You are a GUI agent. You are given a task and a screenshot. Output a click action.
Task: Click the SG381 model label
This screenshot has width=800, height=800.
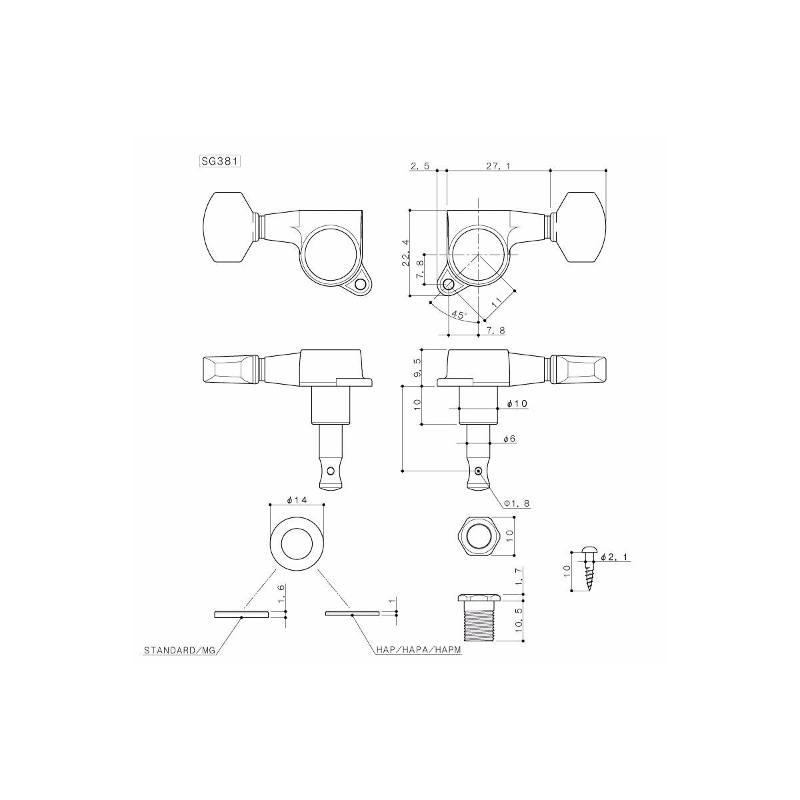[219, 161]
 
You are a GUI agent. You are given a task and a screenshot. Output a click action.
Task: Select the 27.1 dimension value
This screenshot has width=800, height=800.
[498, 166]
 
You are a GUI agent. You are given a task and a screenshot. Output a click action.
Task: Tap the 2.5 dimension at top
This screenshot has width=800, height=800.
[420, 166]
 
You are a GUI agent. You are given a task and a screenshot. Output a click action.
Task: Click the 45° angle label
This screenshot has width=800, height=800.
[459, 315]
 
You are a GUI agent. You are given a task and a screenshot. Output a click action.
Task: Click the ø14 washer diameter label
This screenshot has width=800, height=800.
[296, 500]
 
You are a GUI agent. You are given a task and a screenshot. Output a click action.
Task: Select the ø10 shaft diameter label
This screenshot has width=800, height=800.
[517, 405]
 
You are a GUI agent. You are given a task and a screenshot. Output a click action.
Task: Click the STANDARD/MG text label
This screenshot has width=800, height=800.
[180, 649]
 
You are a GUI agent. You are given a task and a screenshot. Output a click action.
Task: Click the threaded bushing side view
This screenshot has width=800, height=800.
[477, 617]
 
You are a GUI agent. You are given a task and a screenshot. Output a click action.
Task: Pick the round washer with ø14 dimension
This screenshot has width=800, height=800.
[296, 543]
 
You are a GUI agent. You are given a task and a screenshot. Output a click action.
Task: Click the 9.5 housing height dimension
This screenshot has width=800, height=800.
[417, 367]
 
